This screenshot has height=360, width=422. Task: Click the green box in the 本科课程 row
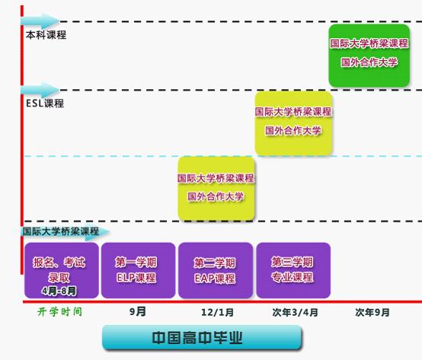point(369,56)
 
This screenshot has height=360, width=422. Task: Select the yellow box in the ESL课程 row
point(293,123)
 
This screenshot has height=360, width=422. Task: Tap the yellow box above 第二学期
point(216,189)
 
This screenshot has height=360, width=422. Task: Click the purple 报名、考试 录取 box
point(62,270)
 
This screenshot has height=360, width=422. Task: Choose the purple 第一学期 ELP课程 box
point(138,270)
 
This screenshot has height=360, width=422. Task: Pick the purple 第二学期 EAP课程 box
point(216,270)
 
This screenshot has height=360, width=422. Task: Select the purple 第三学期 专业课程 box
point(293,270)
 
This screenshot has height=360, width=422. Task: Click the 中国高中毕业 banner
point(202,338)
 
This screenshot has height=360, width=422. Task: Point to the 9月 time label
point(138,312)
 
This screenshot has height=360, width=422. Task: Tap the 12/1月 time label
point(217,312)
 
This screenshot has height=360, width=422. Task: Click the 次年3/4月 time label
point(295,312)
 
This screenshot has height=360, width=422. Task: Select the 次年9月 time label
point(372,312)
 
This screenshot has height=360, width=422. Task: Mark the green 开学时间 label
point(59,312)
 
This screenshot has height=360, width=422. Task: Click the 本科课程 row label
point(46,35)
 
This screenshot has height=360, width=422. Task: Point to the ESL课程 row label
point(45,104)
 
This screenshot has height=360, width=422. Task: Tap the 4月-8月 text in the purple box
point(59,291)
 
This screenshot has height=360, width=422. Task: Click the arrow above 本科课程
point(40,21)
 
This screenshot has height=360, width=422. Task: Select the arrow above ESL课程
point(40,90)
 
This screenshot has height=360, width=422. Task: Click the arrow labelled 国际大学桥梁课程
point(66,231)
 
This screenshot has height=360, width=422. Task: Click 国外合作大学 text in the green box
point(369,62)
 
